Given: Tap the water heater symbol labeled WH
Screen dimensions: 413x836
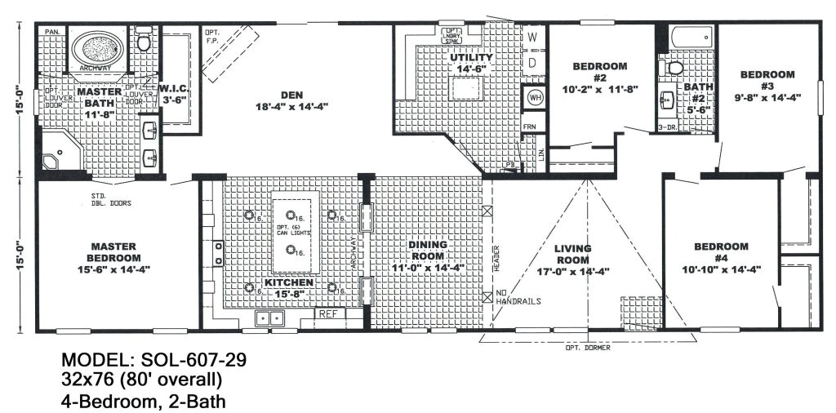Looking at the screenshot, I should [535, 97].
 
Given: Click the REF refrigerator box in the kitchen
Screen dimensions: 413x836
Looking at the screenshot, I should [328, 313].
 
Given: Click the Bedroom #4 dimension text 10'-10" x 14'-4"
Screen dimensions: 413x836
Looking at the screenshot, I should [721, 267].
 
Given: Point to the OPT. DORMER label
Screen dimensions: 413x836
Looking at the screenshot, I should [587, 348].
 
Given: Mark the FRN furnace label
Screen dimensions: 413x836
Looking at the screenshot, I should [530, 127].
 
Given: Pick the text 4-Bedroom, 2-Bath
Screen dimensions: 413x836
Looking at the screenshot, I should [143, 401].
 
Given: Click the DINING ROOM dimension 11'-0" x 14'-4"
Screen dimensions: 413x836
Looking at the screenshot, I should [428, 267].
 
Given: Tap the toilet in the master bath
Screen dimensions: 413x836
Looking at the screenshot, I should [144, 41].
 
